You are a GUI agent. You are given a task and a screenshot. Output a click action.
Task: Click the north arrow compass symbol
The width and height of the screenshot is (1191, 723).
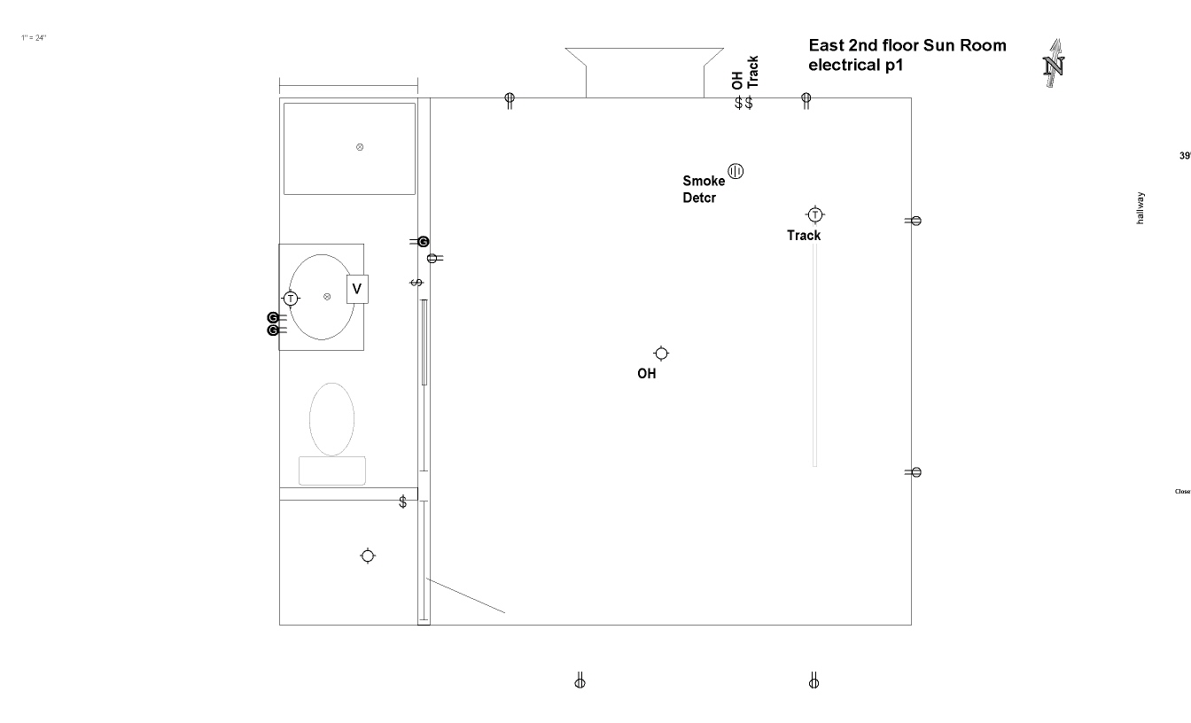[1055, 64]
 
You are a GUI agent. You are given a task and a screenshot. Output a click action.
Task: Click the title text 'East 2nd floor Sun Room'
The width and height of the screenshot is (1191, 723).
[907, 45]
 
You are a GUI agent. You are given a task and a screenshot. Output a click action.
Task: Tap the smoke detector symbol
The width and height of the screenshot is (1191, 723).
[736, 171]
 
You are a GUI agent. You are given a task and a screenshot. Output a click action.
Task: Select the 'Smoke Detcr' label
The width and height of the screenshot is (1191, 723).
[704, 190]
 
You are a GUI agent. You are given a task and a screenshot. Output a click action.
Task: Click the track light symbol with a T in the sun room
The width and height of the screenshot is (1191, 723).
[815, 214]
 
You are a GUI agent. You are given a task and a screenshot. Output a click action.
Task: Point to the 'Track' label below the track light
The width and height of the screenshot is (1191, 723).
[804, 236]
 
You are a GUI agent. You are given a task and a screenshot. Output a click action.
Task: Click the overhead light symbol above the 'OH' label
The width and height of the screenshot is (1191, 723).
[661, 354]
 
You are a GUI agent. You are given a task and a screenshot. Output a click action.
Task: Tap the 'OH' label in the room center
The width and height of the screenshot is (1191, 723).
[647, 374]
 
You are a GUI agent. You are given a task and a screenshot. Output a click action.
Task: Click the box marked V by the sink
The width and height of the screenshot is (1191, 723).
[357, 289]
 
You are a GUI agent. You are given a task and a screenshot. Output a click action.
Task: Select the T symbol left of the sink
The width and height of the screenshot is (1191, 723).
[291, 299]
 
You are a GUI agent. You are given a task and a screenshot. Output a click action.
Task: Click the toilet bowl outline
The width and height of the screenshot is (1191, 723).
[331, 418]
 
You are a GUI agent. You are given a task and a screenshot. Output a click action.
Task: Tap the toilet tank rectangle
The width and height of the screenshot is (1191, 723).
[332, 470]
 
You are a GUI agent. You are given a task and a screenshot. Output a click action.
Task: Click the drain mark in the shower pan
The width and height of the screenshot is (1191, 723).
[360, 147]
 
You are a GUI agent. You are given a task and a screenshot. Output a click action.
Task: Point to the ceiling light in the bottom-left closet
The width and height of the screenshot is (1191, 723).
[368, 556]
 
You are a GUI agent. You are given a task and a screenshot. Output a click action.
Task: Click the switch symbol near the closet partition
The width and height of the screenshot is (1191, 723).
[403, 501]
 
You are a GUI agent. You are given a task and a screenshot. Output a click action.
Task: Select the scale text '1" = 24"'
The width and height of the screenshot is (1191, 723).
[34, 38]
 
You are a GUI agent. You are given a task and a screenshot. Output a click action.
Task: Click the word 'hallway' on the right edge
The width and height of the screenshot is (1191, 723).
[1140, 208]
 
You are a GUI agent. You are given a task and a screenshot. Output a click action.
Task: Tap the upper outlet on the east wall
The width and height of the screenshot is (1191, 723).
[915, 221]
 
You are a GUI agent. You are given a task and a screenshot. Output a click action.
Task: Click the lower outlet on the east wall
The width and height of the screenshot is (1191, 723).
[915, 472]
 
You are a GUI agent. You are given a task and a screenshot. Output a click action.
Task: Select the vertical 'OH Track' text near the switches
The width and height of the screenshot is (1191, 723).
[744, 73]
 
